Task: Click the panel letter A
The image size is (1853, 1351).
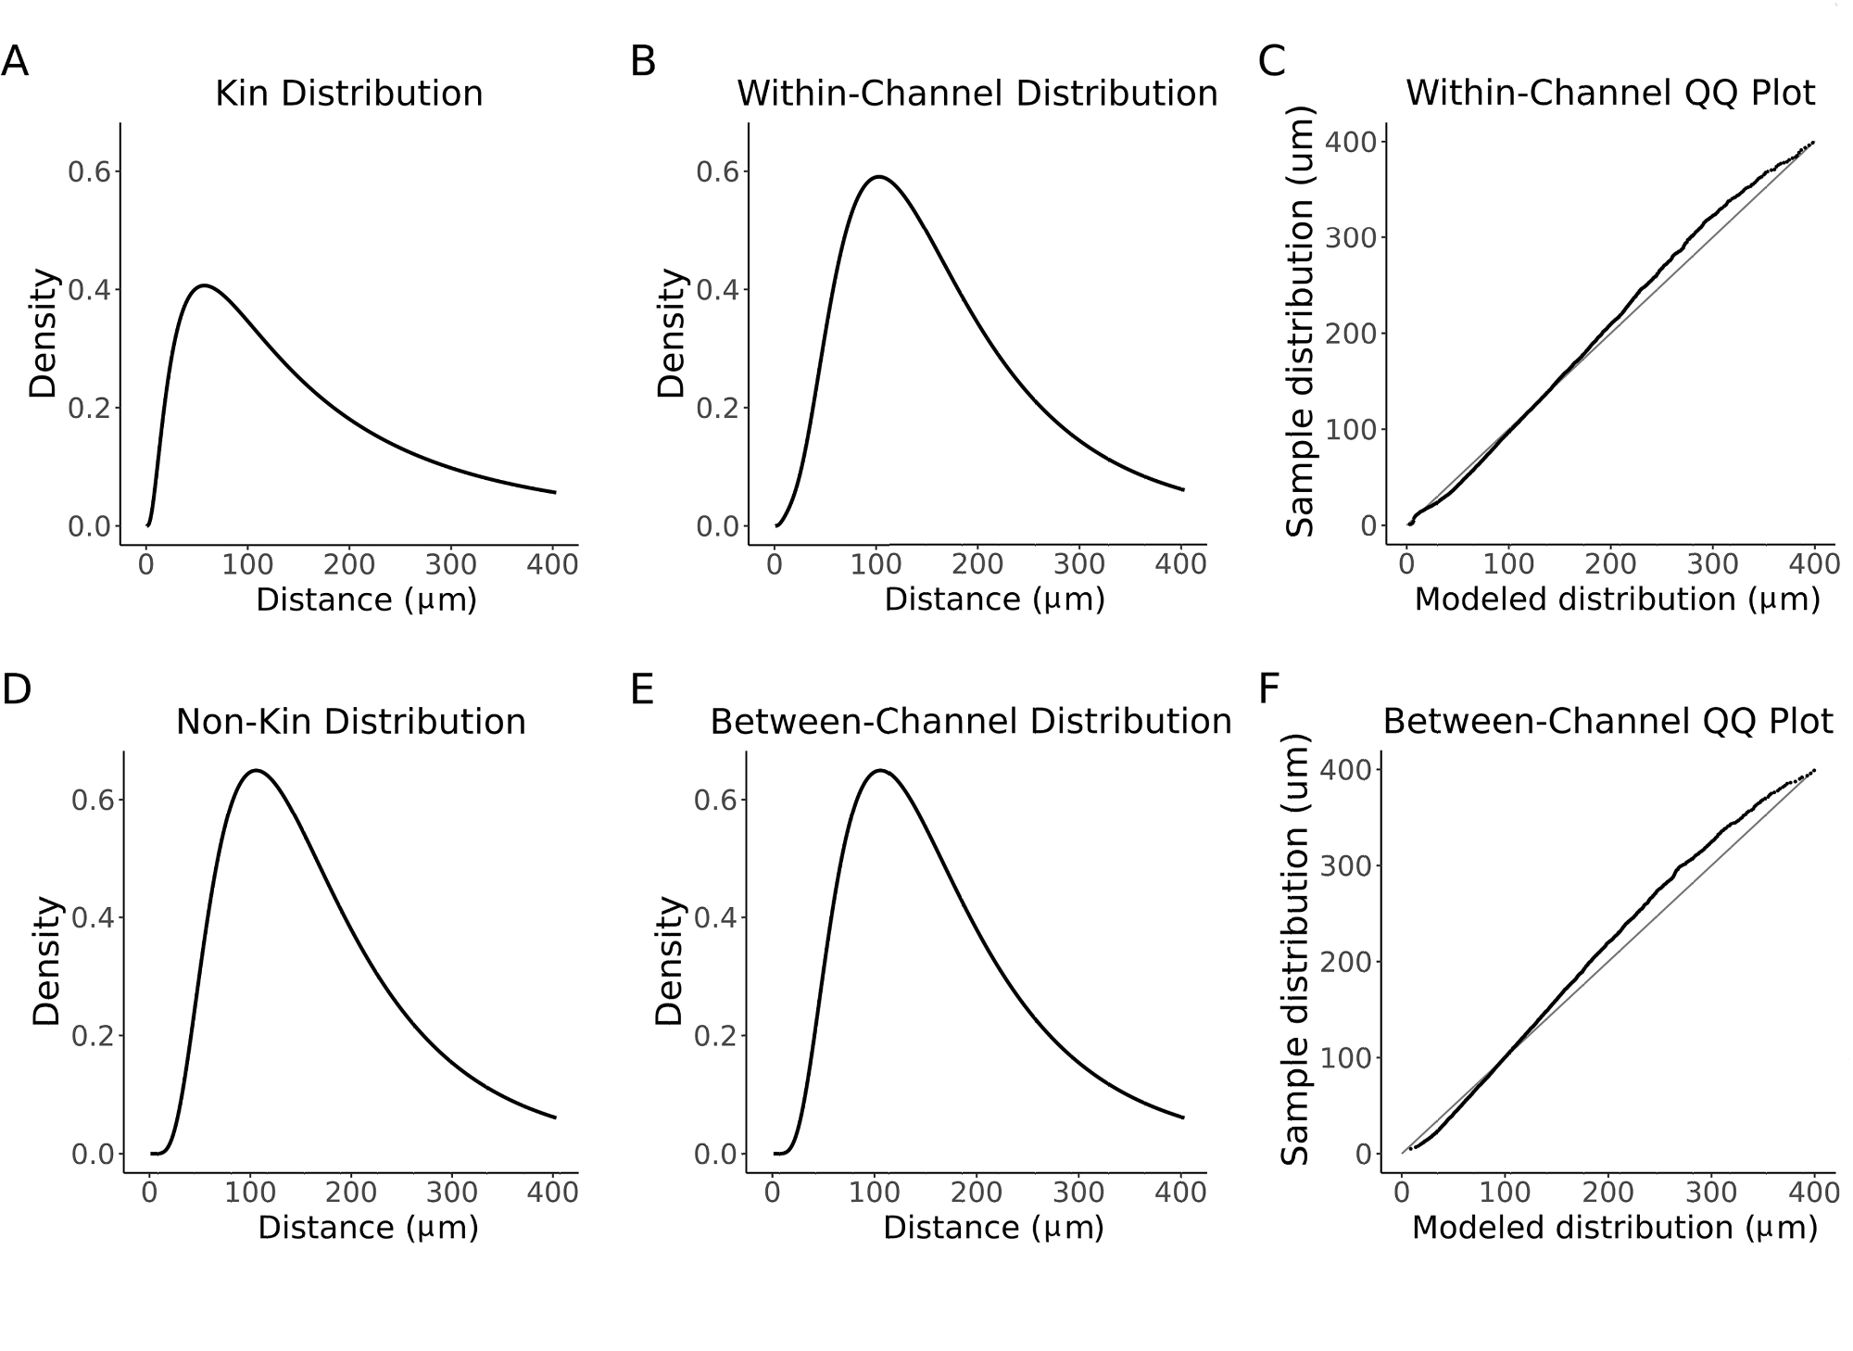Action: pyautogui.click(x=15, y=63)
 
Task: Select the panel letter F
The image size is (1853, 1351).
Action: pyautogui.click(x=1269, y=690)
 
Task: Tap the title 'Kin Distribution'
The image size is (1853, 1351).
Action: pyautogui.click(x=349, y=94)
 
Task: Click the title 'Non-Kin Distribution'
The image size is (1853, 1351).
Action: pyautogui.click(x=351, y=722)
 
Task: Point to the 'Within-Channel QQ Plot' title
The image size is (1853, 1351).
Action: pyautogui.click(x=1610, y=94)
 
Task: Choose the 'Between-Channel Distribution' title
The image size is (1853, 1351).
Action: pyautogui.click(x=971, y=722)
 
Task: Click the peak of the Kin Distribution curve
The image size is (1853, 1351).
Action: pyautogui.click(x=204, y=285)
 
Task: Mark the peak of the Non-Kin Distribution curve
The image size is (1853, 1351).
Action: pyautogui.click(x=256, y=770)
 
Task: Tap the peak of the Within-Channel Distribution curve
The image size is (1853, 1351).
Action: pyautogui.click(x=877, y=176)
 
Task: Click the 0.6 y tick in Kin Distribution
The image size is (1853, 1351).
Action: pyautogui.click(x=89, y=172)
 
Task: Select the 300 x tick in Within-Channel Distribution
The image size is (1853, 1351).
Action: pyautogui.click(x=1079, y=564)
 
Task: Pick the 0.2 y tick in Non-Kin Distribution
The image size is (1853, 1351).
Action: pyautogui.click(x=93, y=1036)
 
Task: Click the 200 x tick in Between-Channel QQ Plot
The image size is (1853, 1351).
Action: pyautogui.click(x=1609, y=1193)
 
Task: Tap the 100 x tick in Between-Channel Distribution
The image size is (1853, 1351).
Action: pyautogui.click(x=875, y=1193)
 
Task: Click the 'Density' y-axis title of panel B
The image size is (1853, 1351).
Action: pyautogui.click(x=670, y=334)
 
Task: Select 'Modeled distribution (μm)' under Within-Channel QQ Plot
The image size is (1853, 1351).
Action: pyautogui.click(x=1617, y=600)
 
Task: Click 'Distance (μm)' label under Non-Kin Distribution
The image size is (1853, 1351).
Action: pyautogui.click(x=368, y=1228)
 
